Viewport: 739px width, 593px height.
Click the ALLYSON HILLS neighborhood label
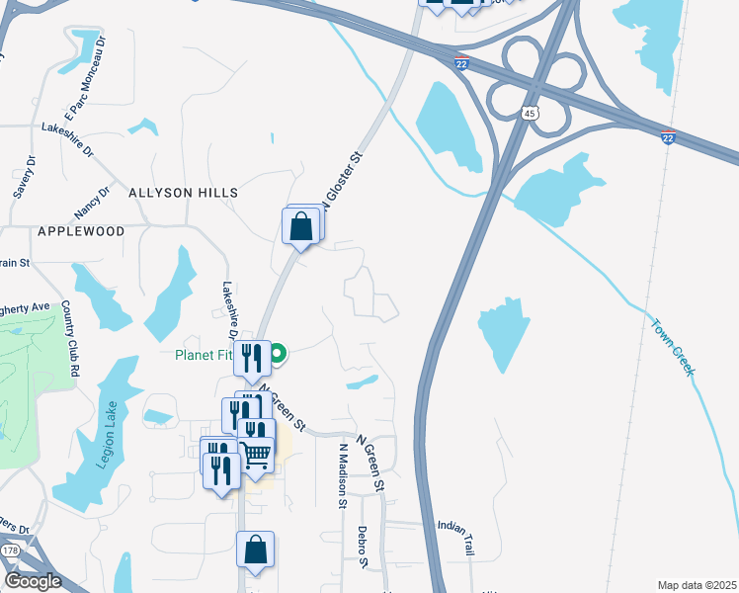[x=183, y=193]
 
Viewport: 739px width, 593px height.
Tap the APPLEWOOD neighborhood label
[x=81, y=231]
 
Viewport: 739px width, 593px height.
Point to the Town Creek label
[x=673, y=345]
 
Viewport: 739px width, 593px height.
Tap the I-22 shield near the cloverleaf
[x=461, y=64]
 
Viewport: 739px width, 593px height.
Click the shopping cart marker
[x=255, y=457]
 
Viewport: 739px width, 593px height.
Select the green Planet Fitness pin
[x=279, y=351]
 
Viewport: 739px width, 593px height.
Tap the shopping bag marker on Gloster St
[x=300, y=226]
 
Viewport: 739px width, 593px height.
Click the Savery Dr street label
[x=24, y=177]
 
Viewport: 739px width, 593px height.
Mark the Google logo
[x=34, y=581]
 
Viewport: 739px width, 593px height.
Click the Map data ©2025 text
[x=696, y=584]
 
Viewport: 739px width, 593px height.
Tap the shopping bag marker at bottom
[x=255, y=551]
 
